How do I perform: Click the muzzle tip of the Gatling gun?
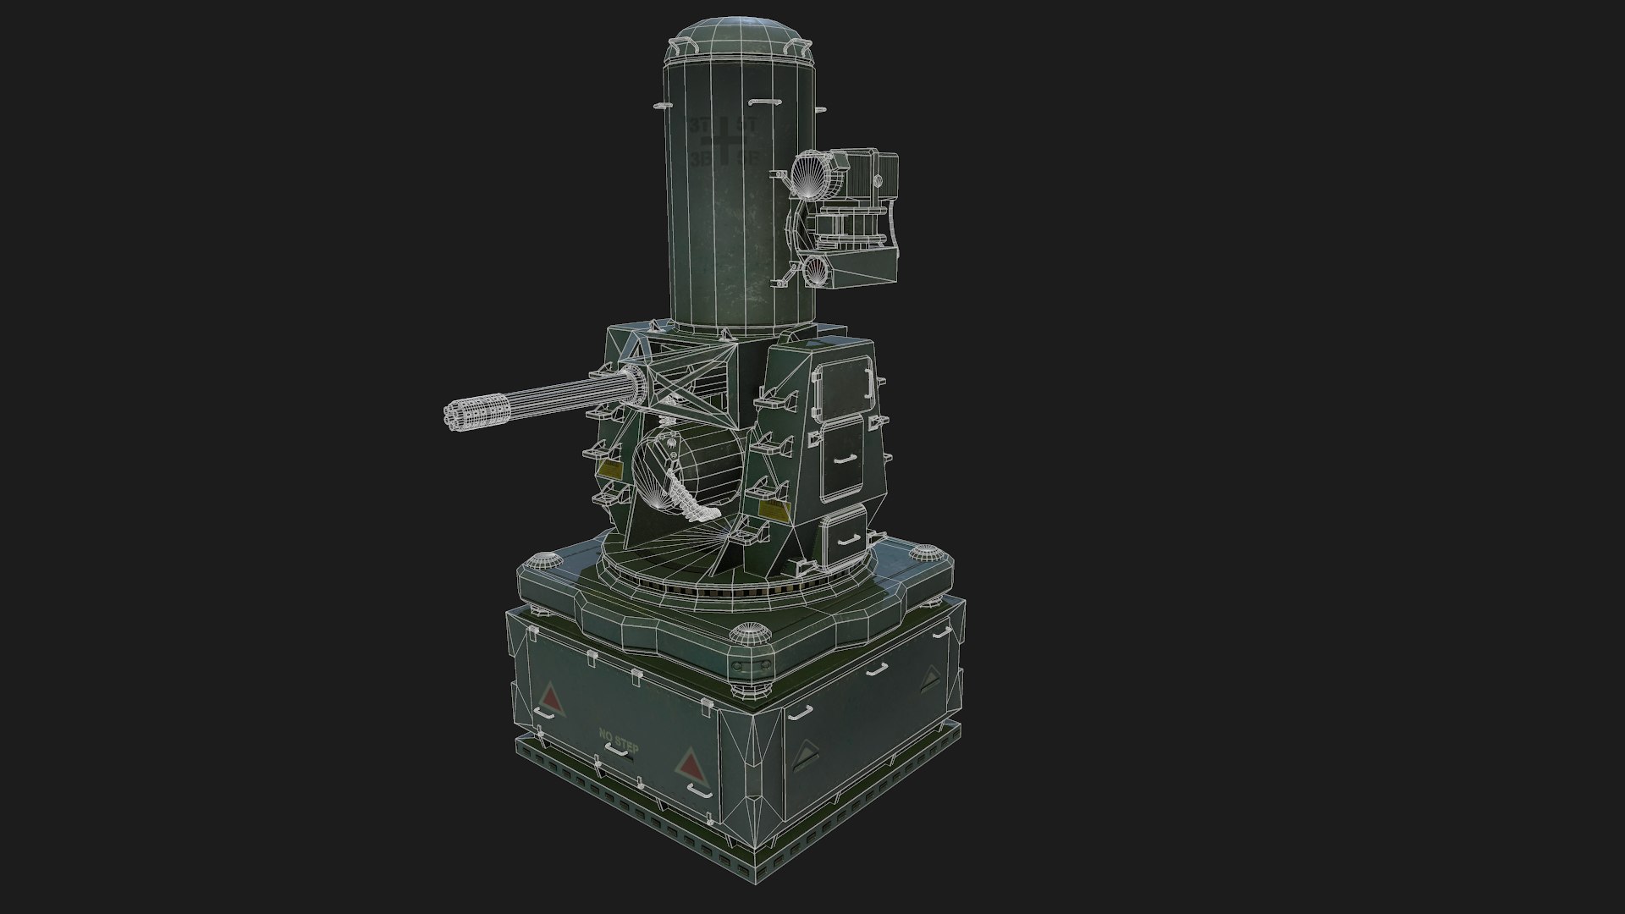coord(449,416)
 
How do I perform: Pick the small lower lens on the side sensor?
coord(816,271)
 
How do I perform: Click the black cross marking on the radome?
coord(726,140)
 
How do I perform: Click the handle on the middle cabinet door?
coord(843,460)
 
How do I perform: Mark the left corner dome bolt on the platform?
coord(542,560)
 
